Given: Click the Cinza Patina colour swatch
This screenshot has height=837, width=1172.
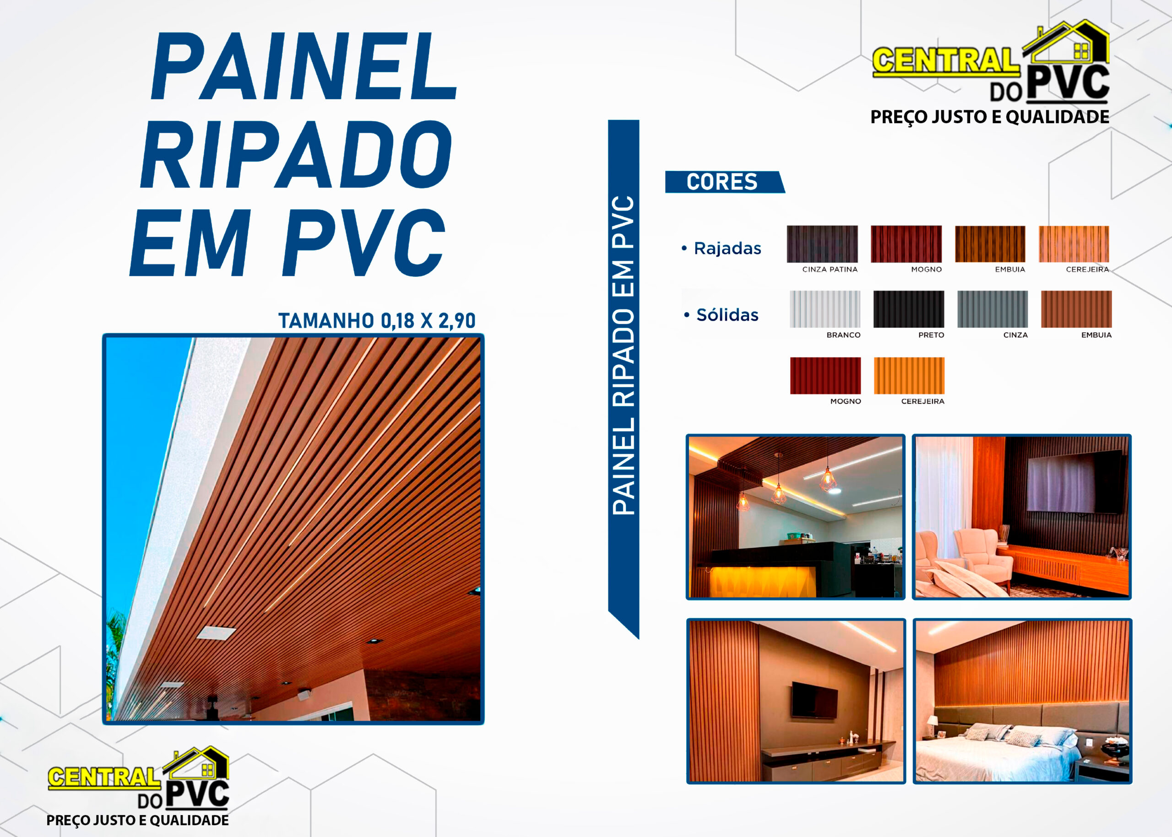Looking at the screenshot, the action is click(x=822, y=244).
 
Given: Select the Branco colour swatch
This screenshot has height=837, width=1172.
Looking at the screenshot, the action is click(x=825, y=309).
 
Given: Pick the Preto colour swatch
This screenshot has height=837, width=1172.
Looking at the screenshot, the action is click(x=908, y=309).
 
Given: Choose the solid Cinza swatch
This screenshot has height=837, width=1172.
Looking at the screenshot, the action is click(x=993, y=309).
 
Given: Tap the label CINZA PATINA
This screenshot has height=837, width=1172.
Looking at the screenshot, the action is click(x=830, y=270).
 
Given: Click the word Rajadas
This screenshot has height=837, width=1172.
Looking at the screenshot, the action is click(x=727, y=248).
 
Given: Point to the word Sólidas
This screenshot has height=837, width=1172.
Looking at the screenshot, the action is click(x=727, y=315).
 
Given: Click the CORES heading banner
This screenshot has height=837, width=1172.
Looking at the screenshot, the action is click(x=724, y=182).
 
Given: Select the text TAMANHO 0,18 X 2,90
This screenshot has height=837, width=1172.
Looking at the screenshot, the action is click(x=377, y=321).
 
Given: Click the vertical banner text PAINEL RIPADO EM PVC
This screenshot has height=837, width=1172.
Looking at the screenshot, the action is click(x=623, y=356).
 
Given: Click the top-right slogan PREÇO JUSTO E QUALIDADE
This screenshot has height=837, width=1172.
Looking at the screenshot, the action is click(x=989, y=117).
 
